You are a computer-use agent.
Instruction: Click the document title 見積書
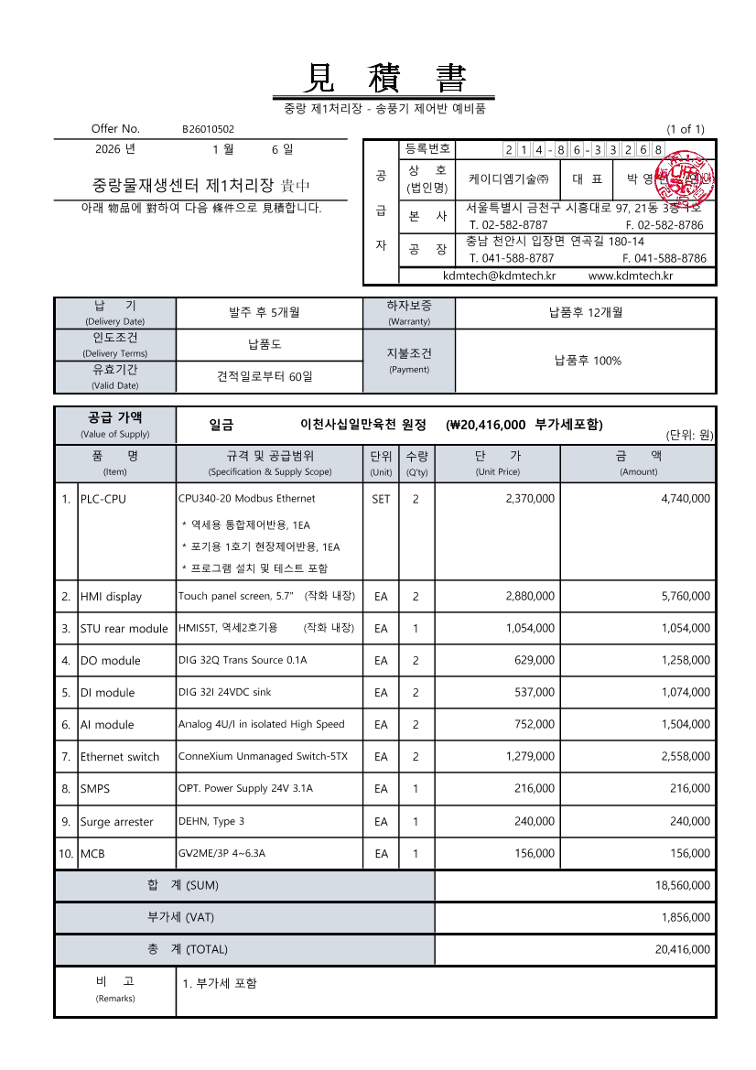pos(383,77)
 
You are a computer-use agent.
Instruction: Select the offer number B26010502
pos(208,130)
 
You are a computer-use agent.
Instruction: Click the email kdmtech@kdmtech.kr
pos(499,276)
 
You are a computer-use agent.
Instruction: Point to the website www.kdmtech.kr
pos(631,276)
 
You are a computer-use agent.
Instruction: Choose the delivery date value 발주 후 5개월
pos(265,313)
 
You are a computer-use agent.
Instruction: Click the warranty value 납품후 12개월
pos(586,313)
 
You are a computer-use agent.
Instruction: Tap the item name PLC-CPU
pos(103,500)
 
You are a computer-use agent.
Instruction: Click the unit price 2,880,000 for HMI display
pos(530,597)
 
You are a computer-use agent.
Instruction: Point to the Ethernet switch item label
pos(119,757)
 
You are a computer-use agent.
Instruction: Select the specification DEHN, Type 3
pos(211,821)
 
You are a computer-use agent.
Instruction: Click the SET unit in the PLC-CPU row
pos(381,500)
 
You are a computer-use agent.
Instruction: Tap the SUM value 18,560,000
pos(683,886)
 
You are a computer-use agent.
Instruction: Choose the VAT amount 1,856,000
pos(686,917)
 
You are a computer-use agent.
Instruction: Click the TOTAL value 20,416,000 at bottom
pos(683,950)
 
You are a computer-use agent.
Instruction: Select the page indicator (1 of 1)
pos(686,130)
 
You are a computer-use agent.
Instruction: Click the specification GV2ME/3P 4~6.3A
pos(221,853)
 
